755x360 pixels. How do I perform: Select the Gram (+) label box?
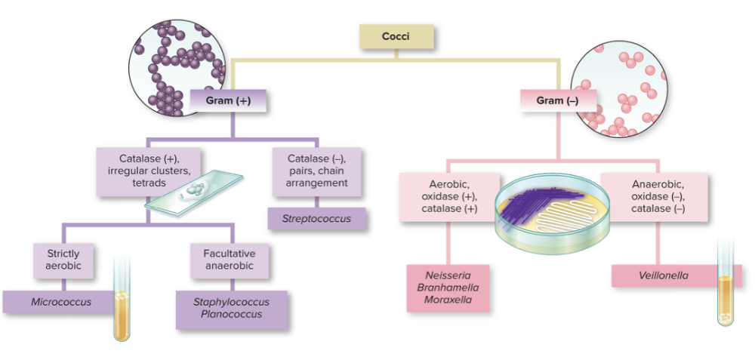click(227, 100)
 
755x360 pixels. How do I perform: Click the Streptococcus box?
click(317, 219)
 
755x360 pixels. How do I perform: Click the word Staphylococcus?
click(231, 302)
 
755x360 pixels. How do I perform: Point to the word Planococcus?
click(231, 314)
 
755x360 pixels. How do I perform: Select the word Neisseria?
click(448, 276)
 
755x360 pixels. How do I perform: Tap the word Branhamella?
click(448, 288)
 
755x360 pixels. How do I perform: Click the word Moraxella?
click(448, 300)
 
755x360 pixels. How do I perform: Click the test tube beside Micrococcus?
click(121, 298)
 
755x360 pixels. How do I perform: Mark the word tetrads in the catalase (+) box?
click(149, 183)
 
